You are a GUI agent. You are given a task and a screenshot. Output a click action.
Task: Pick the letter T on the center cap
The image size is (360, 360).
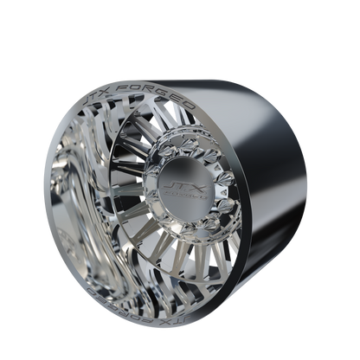[x=177, y=183]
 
